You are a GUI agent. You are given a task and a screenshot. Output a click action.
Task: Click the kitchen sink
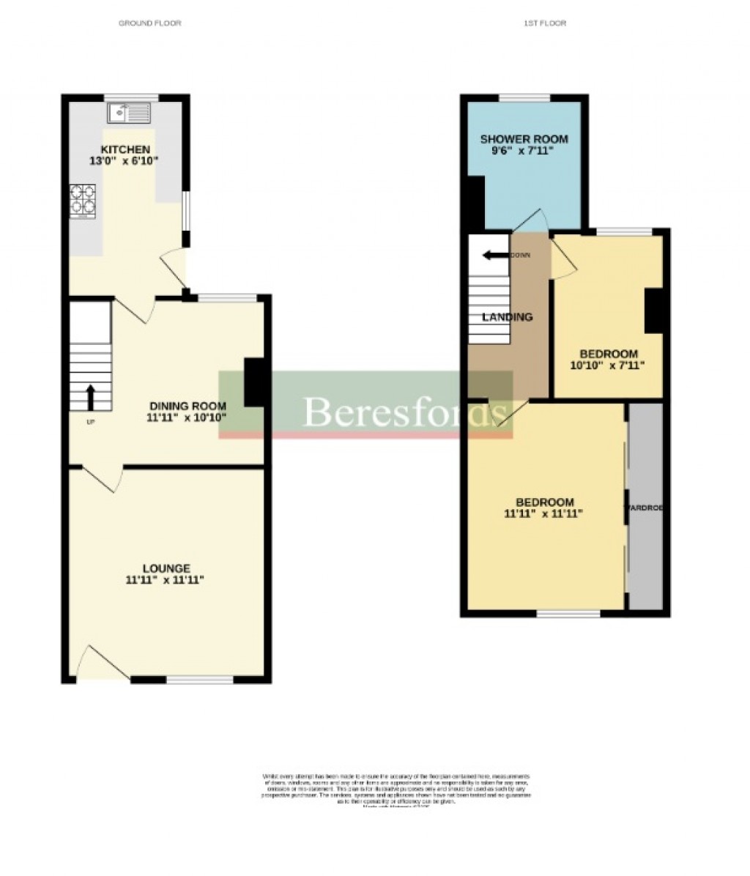pyautogui.click(x=129, y=113)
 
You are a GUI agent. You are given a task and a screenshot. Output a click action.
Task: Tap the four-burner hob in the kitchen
pyautogui.click(x=83, y=201)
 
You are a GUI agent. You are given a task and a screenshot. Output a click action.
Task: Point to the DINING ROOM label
pyautogui.click(x=187, y=406)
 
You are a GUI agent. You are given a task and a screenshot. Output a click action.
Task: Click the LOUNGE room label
pyautogui.click(x=166, y=568)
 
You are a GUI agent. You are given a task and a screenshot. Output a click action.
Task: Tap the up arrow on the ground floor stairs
pyautogui.click(x=90, y=397)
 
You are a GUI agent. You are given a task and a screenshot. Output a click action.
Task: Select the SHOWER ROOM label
pyautogui.click(x=524, y=139)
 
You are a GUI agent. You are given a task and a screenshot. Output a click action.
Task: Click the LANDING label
pyautogui.click(x=507, y=317)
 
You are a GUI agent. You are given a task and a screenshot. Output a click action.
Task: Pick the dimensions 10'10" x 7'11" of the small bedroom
pyautogui.click(x=607, y=365)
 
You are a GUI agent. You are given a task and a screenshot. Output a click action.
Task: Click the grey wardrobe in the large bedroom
pyautogui.click(x=645, y=505)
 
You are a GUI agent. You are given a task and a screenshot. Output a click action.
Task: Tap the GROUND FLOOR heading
pyautogui.click(x=149, y=23)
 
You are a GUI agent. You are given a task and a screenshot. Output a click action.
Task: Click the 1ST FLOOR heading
pyautogui.click(x=545, y=23)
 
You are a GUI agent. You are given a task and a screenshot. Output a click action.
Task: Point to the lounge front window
pyautogui.click(x=199, y=680)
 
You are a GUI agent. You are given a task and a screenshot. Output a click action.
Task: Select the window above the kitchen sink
pyautogui.click(x=131, y=97)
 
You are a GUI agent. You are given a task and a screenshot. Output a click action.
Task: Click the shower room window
pyautogui.click(x=524, y=97)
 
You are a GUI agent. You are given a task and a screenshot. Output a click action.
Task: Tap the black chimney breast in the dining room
pyautogui.click(x=253, y=382)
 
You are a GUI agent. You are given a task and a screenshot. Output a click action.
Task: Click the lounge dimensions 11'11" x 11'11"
pyautogui.click(x=164, y=580)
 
